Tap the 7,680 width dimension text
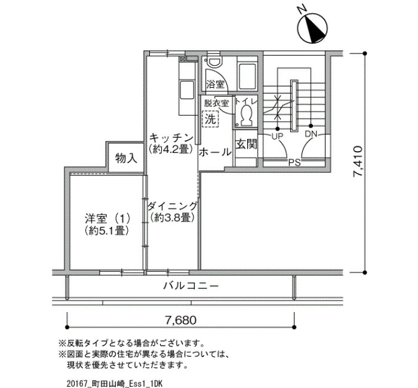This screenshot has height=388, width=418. click(x=181, y=320)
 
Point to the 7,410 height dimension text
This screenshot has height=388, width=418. click(x=358, y=161)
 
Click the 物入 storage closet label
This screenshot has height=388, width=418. click(x=126, y=158)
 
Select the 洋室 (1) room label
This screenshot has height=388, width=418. click(x=107, y=219)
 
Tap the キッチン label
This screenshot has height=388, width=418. click(x=171, y=138)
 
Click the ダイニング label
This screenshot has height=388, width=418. click(x=173, y=206)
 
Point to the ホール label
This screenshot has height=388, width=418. click(x=215, y=152)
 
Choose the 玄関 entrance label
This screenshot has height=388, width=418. click(x=246, y=144)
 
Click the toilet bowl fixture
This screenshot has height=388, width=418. click(x=246, y=115)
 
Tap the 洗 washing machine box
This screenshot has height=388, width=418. click(x=211, y=119)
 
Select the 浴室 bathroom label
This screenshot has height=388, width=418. click(x=215, y=85)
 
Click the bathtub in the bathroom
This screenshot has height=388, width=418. click(x=247, y=76)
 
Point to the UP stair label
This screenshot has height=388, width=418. click(x=277, y=137)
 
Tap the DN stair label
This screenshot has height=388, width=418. click(x=311, y=134)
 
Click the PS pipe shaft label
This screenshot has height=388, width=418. click(x=294, y=162)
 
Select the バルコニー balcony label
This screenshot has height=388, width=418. click(x=191, y=286)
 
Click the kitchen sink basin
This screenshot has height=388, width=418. click(x=187, y=90)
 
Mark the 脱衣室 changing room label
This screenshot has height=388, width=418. click(x=216, y=103)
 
